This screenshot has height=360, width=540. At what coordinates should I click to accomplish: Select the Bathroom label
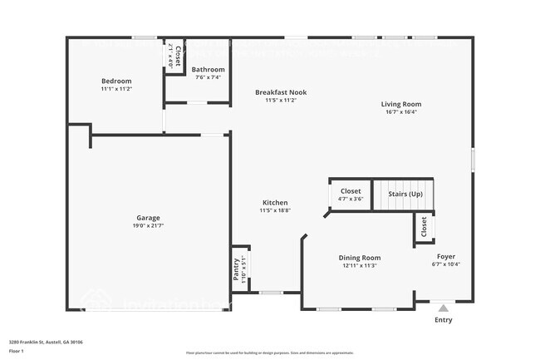pos(208,69)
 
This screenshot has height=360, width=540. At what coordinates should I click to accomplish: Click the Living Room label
pos(401,104)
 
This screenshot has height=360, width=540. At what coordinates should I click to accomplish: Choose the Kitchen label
pos(275,203)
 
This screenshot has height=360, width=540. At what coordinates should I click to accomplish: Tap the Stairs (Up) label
pos(405,194)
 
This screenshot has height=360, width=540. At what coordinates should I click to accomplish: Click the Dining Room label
pos(360,258)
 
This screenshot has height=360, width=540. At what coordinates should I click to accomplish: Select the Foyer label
pos(446,257)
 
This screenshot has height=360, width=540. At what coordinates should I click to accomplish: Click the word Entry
pos(444,319)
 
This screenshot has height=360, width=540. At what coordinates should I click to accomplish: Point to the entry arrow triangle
pos(444,308)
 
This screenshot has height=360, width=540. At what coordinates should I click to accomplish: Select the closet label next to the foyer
pos(424,225)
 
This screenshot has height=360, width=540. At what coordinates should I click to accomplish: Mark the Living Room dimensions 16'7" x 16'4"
pos(401,111)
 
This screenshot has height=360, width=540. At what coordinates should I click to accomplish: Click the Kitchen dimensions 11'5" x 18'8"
pos(275,211)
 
